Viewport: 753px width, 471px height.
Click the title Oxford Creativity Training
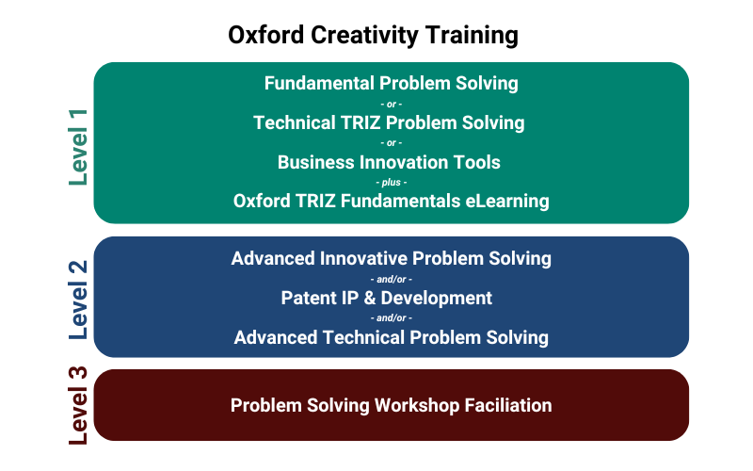(374, 35)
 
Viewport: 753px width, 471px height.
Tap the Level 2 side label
(78, 298)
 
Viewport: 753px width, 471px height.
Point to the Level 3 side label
(78, 405)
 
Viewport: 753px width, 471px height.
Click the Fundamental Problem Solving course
(391, 83)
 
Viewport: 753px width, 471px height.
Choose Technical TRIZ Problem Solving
(389, 122)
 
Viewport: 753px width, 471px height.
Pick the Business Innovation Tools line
(389, 162)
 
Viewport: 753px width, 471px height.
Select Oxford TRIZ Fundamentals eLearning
(391, 201)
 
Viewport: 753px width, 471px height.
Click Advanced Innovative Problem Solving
(391, 258)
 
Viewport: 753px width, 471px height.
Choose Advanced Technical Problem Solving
(391, 337)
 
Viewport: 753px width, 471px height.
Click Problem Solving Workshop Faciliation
(391, 405)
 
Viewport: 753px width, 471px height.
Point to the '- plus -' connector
(391, 182)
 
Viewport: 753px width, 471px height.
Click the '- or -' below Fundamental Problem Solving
(391, 103)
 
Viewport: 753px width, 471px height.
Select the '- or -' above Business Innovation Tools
(391, 142)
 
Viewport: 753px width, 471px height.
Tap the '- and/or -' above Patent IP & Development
(391, 278)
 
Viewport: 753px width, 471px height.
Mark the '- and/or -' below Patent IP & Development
(391, 317)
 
